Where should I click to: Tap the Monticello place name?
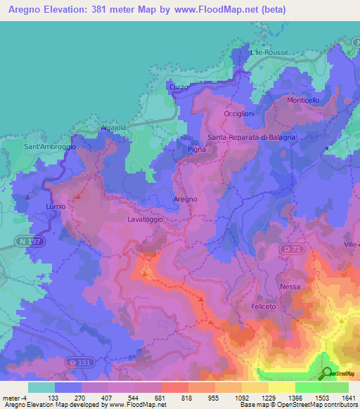click(x=303, y=100)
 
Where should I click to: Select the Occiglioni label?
click(x=238, y=113)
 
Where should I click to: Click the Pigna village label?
click(x=195, y=150)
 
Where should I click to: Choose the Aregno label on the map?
click(x=185, y=200)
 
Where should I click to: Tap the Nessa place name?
click(x=290, y=287)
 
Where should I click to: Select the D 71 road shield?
click(x=290, y=249)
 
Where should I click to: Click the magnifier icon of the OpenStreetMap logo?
click(x=326, y=373)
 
